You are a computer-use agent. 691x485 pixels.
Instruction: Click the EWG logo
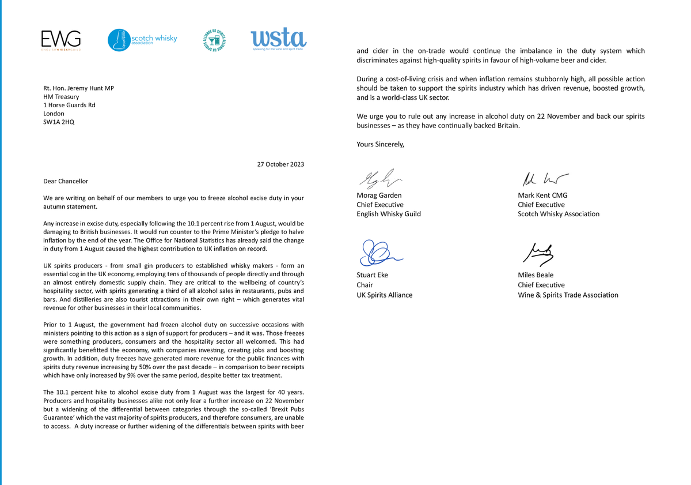60,40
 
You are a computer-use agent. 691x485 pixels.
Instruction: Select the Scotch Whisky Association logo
142,40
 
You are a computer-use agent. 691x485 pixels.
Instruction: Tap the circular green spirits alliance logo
215,40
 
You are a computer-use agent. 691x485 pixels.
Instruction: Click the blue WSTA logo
278,39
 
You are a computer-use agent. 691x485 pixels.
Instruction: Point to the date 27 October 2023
280,164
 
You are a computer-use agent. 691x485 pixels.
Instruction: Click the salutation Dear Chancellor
66,181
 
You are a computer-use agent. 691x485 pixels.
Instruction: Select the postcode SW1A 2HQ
59,122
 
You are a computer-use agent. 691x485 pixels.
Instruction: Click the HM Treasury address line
61,97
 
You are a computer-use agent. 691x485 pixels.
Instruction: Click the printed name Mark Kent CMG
542,195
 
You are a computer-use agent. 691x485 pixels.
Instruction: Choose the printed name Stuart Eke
373,275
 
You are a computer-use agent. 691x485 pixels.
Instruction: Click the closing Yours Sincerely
381,145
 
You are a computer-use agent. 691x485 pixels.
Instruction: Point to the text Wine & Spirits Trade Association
568,295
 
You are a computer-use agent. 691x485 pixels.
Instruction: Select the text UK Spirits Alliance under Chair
385,295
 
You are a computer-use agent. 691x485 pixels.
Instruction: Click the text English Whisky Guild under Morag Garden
389,214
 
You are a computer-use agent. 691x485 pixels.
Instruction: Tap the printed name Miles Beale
536,275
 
